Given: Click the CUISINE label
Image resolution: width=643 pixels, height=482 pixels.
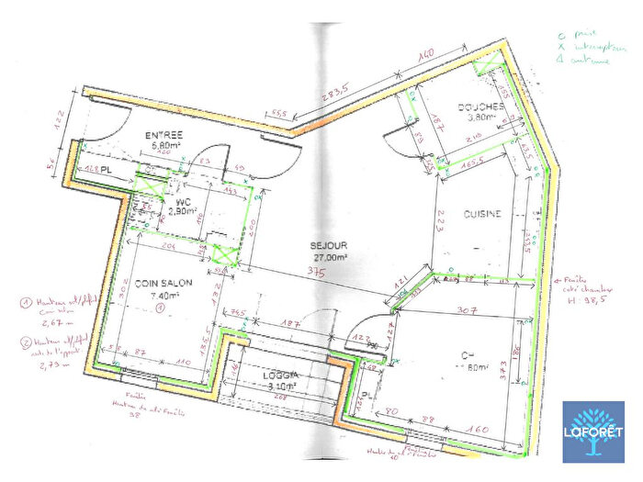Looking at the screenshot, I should coord(481,214).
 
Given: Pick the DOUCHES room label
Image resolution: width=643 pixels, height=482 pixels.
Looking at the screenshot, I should coord(480,106).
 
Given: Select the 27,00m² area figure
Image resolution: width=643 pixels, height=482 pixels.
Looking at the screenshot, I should coord(330,258).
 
